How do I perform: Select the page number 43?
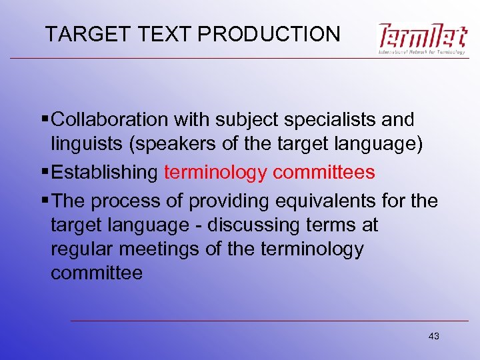tap(434, 336)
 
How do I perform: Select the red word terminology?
tap(215, 173)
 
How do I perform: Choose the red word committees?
tap(324, 173)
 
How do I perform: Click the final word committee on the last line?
tap(97, 273)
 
